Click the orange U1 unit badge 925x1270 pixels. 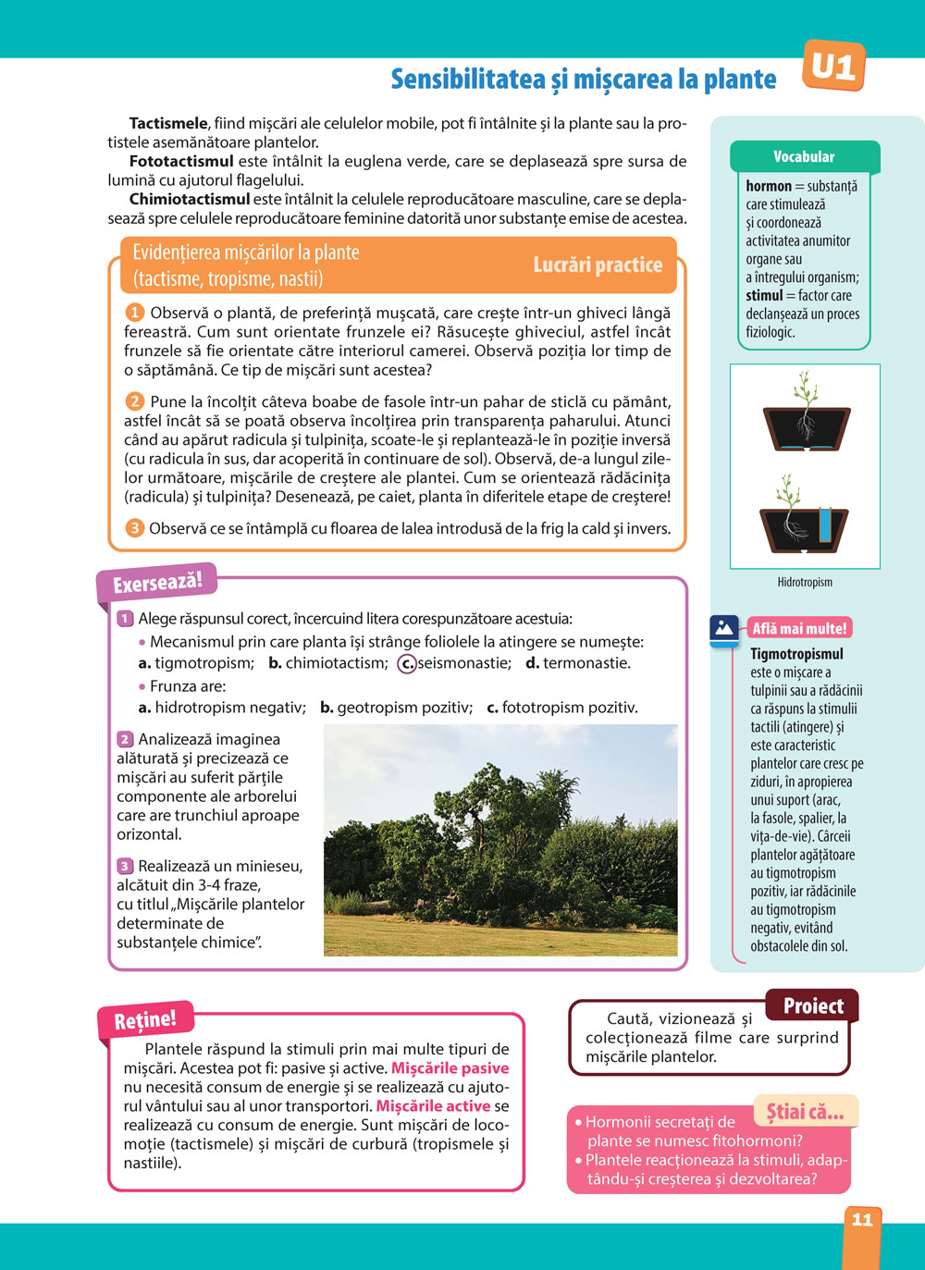[833, 67]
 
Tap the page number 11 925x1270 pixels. [862, 1220]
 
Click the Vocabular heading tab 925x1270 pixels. [804, 157]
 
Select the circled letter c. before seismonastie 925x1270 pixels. [406, 663]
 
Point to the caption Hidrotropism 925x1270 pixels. [805, 583]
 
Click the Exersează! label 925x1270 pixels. [156, 584]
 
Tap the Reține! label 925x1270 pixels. [145, 1020]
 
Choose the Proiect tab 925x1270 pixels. [813, 1006]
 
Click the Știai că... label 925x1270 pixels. [805, 1112]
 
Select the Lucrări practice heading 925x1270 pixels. [598, 265]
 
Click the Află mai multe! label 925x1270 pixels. [799, 629]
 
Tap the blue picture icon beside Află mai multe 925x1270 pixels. [724, 629]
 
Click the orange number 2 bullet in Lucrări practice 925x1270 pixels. [135, 401]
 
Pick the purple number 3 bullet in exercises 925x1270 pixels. [125, 867]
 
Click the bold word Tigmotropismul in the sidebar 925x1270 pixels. [796, 654]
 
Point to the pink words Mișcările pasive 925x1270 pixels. [450, 1068]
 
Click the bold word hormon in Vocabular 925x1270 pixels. [769, 186]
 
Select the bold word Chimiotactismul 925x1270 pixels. [190, 199]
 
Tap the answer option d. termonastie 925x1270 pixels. [578, 663]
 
